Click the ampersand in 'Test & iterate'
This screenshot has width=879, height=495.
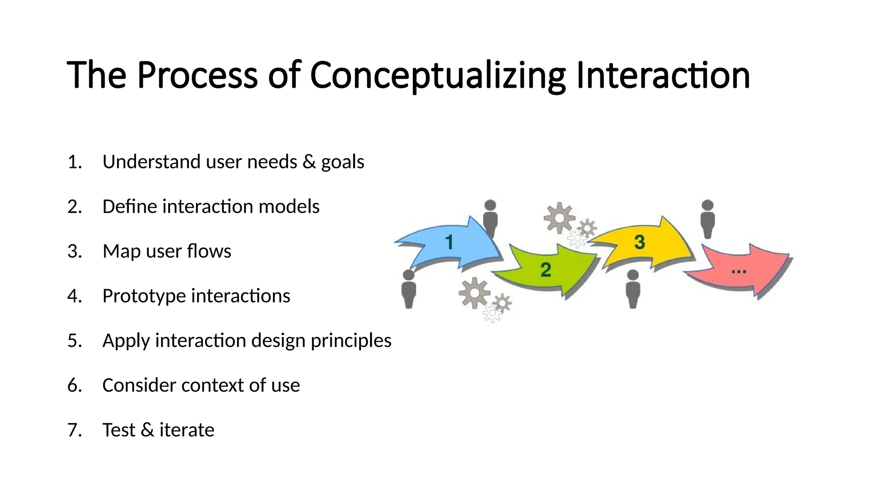pos(147,430)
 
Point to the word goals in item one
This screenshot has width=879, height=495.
pos(343,162)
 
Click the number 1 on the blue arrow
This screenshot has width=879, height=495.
pos(449,242)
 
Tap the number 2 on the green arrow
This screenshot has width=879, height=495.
pos(546,270)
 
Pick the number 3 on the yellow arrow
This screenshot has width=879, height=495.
pos(640,242)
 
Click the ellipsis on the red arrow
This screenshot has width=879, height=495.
pos(739,272)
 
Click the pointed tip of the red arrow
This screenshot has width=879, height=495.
pos(791,258)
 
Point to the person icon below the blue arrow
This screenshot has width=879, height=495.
pos(409,289)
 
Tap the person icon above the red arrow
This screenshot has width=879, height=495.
pos(707,219)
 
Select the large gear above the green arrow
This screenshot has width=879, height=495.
pos(559,218)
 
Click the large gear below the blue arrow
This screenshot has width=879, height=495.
pos(474,293)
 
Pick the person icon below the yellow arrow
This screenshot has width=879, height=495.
pos(633,289)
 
